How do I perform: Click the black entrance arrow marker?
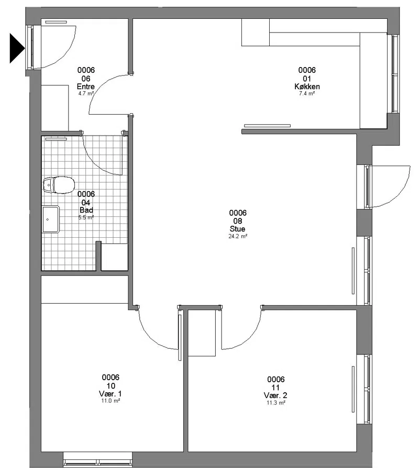(17, 48)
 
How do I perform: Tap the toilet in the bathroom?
(59, 185)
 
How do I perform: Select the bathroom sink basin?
(51, 219)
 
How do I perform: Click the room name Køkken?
(307, 86)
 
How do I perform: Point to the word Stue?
(238, 229)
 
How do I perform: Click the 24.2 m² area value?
(238, 236)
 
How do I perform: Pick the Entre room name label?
(86, 86)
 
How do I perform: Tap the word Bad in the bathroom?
(86, 210)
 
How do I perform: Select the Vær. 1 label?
(111, 394)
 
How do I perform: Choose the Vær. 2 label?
(275, 395)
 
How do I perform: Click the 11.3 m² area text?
(275, 403)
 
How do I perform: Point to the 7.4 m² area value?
(307, 94)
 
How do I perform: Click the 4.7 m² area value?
(86, 94)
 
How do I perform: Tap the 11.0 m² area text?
(111, 401)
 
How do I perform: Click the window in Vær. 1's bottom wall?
(97, 460)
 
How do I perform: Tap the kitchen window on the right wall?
(393, 74)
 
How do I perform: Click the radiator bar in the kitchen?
(267, 126)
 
